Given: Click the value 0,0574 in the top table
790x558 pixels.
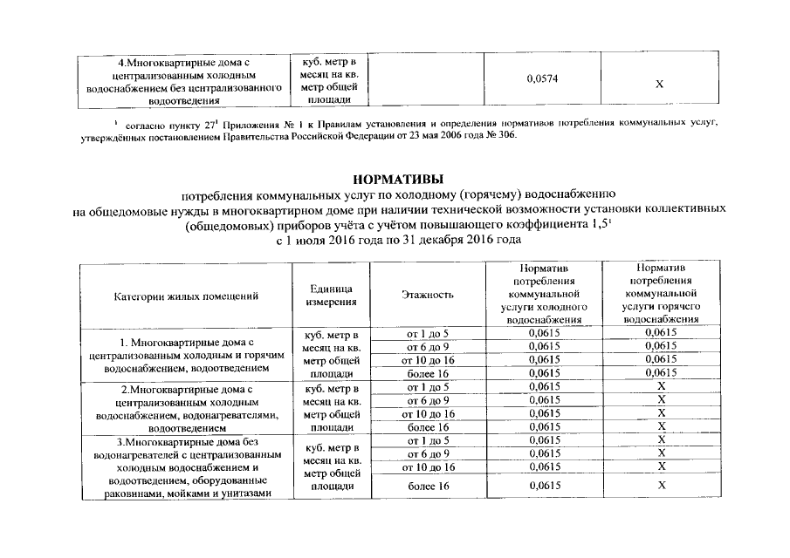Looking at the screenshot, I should [x=543, y=80].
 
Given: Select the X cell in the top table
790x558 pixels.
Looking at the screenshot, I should [x=659, y=84].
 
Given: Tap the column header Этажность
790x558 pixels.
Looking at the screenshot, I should [x=428, y=296].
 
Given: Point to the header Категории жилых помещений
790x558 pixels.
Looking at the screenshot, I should [x=186, y=296].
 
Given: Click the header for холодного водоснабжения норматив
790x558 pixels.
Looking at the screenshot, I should [x=543, y=296].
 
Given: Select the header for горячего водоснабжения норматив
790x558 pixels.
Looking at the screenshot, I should [x=661, y=296].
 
